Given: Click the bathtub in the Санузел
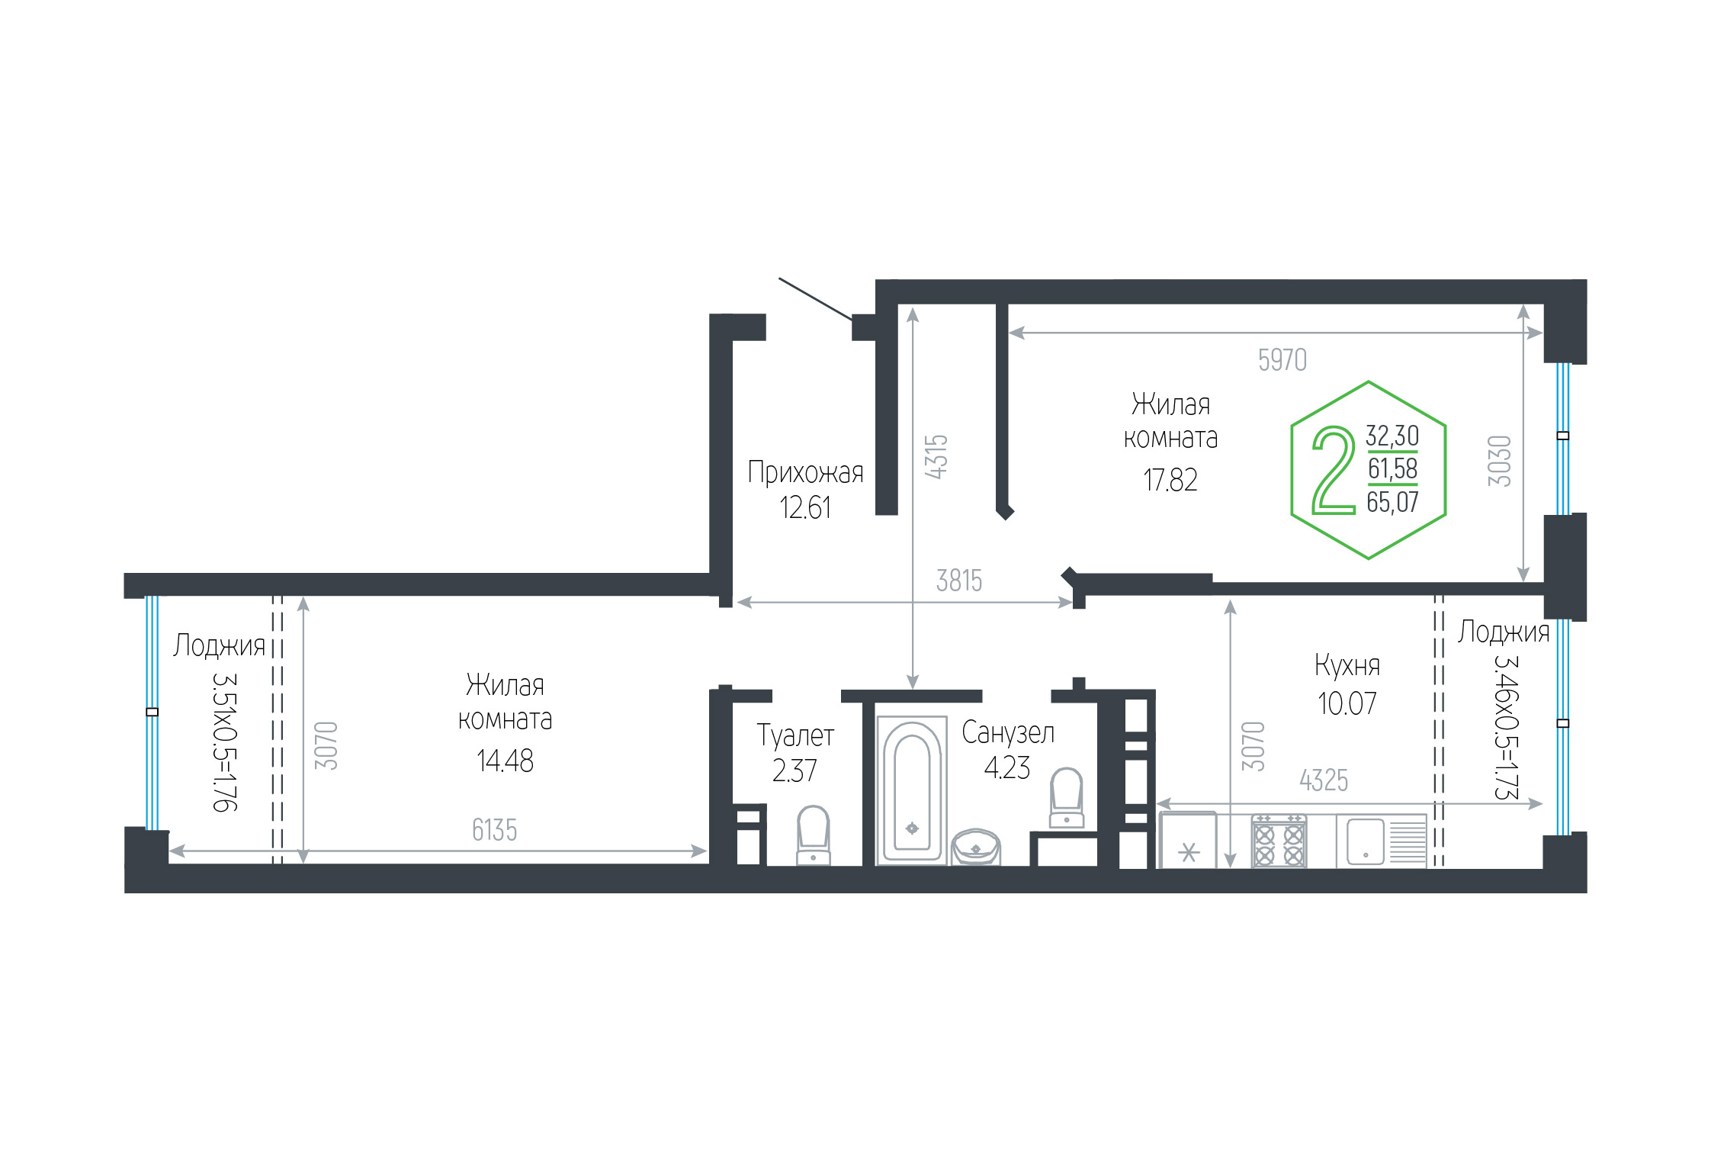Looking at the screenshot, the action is [x=911, y=790].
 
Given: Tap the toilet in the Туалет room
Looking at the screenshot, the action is [x=813, y=835].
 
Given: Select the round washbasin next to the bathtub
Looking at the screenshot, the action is [x=976, y=847].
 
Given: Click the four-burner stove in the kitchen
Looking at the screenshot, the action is [x=1279, y=841].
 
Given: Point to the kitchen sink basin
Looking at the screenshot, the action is [x=1365, y=841].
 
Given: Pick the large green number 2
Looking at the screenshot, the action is [x=1334, y=469].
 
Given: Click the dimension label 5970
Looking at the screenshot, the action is [x=1282, y=360].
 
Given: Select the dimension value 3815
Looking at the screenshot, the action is [x=959, y=581].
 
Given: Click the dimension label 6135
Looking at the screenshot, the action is [x=494, y=830].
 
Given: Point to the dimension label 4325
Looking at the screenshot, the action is [x=1324, y=780].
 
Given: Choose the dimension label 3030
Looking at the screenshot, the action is [x=1499, y=461].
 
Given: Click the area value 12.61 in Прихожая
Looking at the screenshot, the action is [x=805, y=508].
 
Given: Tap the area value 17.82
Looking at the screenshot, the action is [x=1170, y=480].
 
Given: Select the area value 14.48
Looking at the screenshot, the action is [x=505, y=761].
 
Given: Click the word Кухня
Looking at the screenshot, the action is [x=1347, y=666].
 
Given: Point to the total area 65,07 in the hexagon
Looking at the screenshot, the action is [x=1392, y=502].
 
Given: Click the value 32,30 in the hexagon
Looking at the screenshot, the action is [x=1392, y=436].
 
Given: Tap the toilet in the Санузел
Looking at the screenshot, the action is [x=1067, y=798].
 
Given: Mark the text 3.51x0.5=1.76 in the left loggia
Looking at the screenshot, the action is [x=225, y=742].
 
